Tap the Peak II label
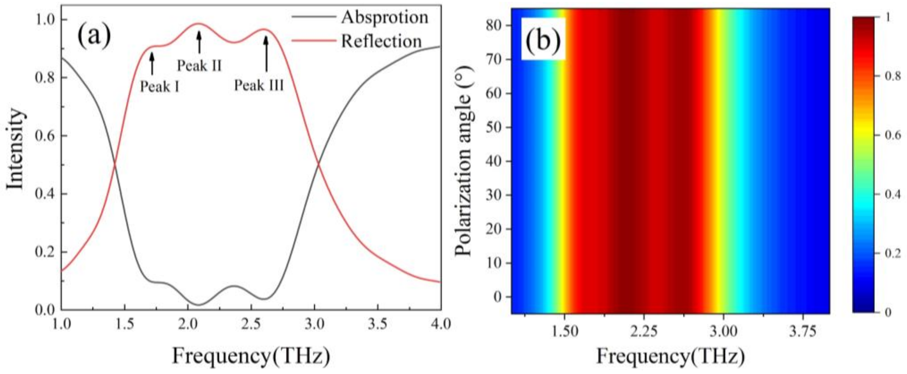click(199, 65)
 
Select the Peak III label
click(259, 85)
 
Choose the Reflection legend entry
click(381, 41)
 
